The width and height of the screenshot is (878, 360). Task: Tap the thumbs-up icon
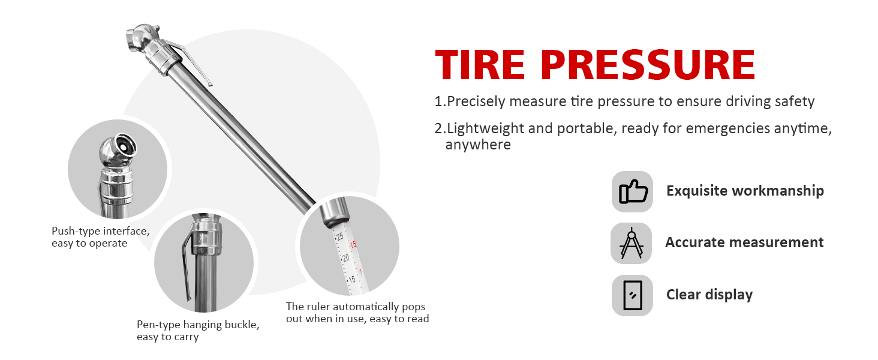[632, 191]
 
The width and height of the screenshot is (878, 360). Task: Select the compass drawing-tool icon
[631, 243]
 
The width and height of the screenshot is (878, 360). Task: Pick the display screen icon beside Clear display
[632, 295]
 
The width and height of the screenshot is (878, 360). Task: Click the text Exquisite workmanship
[745, 191]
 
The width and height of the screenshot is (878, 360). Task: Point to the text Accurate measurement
[744, 242]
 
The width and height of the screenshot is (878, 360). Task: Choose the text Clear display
[709, 295]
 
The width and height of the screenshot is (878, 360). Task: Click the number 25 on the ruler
[339, 237]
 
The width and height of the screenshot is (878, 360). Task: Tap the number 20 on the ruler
[345, 258]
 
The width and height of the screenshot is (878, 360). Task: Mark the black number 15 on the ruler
[351, 279]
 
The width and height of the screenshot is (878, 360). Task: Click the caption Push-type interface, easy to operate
[100, 237]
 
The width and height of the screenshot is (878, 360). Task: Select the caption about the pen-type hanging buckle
[198, 331]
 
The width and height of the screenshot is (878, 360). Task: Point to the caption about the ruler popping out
[357, 313]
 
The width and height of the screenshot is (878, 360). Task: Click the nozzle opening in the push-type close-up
[122, 146]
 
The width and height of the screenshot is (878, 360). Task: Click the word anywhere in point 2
[477, 145]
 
